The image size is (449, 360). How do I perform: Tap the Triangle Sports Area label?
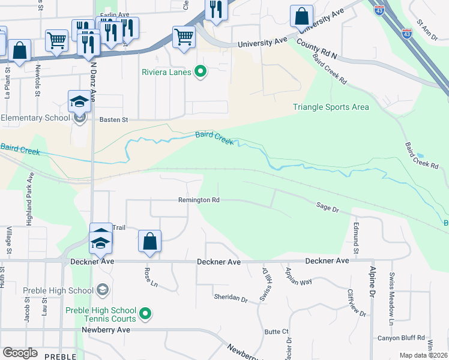click(331, 107)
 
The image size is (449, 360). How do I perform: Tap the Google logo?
click(20, 353)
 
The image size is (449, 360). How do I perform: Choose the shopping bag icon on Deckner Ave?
click(149, 242)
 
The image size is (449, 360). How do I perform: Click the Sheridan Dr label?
click(231, 298)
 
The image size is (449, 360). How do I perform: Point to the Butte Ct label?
click(277, 332)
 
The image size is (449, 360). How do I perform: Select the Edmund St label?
click(356, 235)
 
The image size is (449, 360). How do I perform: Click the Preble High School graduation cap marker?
click(102, 290)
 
